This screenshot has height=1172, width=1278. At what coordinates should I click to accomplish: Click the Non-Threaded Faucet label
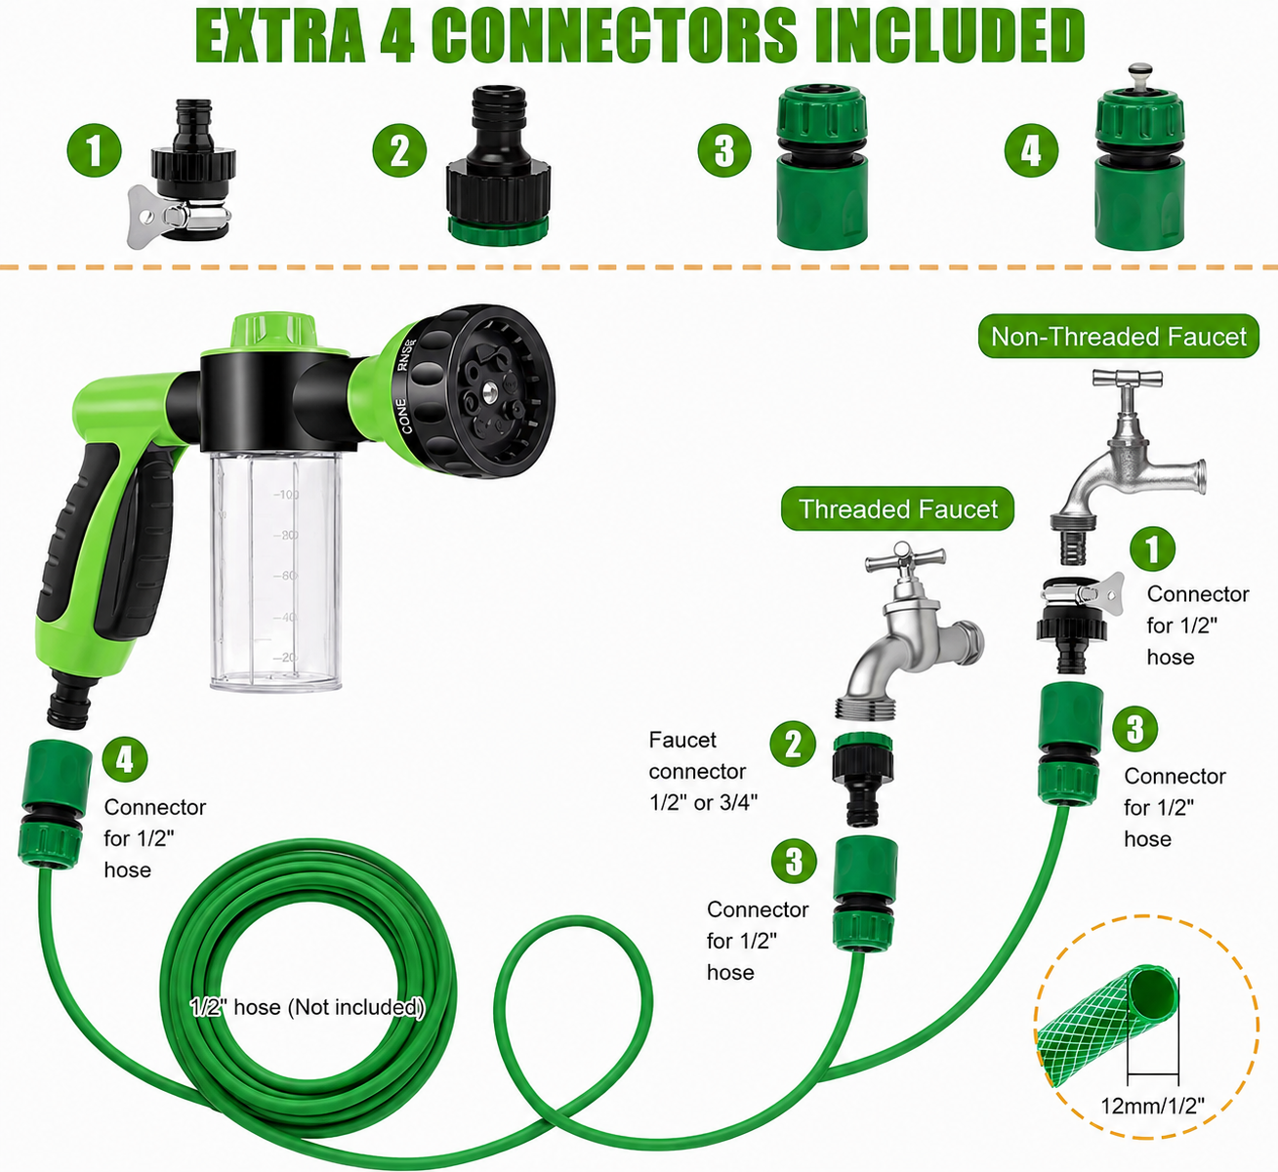coord(1118,337)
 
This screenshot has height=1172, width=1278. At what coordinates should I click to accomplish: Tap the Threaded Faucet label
coord(897,509)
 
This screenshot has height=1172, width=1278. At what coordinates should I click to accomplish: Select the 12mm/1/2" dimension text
coord(1152,1106)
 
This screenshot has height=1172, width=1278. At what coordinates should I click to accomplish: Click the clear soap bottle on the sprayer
coord(276,570)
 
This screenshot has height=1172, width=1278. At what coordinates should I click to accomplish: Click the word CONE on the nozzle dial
coord(404,416)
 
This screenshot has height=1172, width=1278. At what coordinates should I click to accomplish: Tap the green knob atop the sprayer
coord(272,331)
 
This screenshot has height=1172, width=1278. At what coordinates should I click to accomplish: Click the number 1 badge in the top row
coord(95,150)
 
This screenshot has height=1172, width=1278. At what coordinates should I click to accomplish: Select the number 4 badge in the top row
coord(1031,150)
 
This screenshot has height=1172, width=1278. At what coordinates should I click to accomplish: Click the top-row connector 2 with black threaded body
coord(498,166)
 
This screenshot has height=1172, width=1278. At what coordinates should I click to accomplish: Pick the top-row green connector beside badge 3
coord(822,168)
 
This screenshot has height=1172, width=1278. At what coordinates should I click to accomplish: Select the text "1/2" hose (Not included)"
coord(308,1007)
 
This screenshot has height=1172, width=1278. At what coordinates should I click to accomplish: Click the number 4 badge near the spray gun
coord(124,759)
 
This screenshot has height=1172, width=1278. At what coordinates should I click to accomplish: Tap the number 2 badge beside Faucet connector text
coord(793,744)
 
